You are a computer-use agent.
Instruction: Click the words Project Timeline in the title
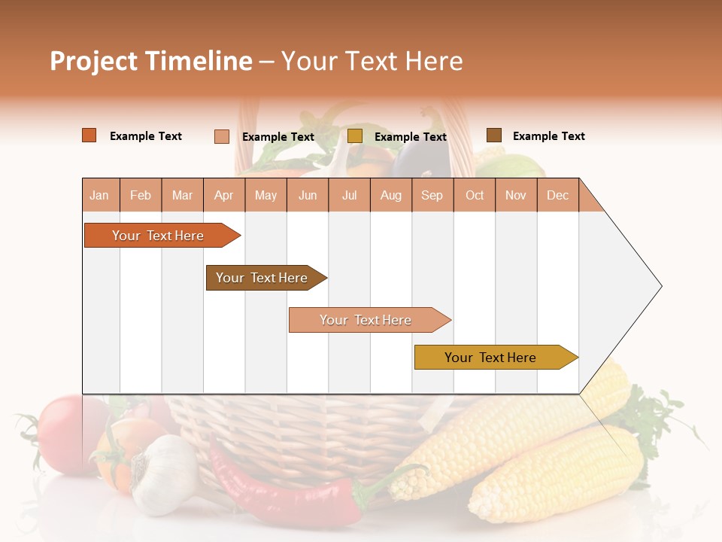coord(150,61)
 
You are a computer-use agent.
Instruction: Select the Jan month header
coord(99,196)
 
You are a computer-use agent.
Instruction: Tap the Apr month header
coord(223,196)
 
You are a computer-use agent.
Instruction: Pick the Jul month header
coord(349,196)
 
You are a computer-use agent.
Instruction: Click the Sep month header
coord(432,196)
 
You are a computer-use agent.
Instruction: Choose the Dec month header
coord(557,196)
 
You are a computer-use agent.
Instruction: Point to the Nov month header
coord(515,196)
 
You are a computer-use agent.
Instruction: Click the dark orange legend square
coord(89,135)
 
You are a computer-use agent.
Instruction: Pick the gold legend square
coord(355,136)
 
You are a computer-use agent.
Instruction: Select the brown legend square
coord(494,135)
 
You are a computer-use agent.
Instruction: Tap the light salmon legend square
coord(222,136)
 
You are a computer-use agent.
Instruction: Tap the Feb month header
coord(141,196)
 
